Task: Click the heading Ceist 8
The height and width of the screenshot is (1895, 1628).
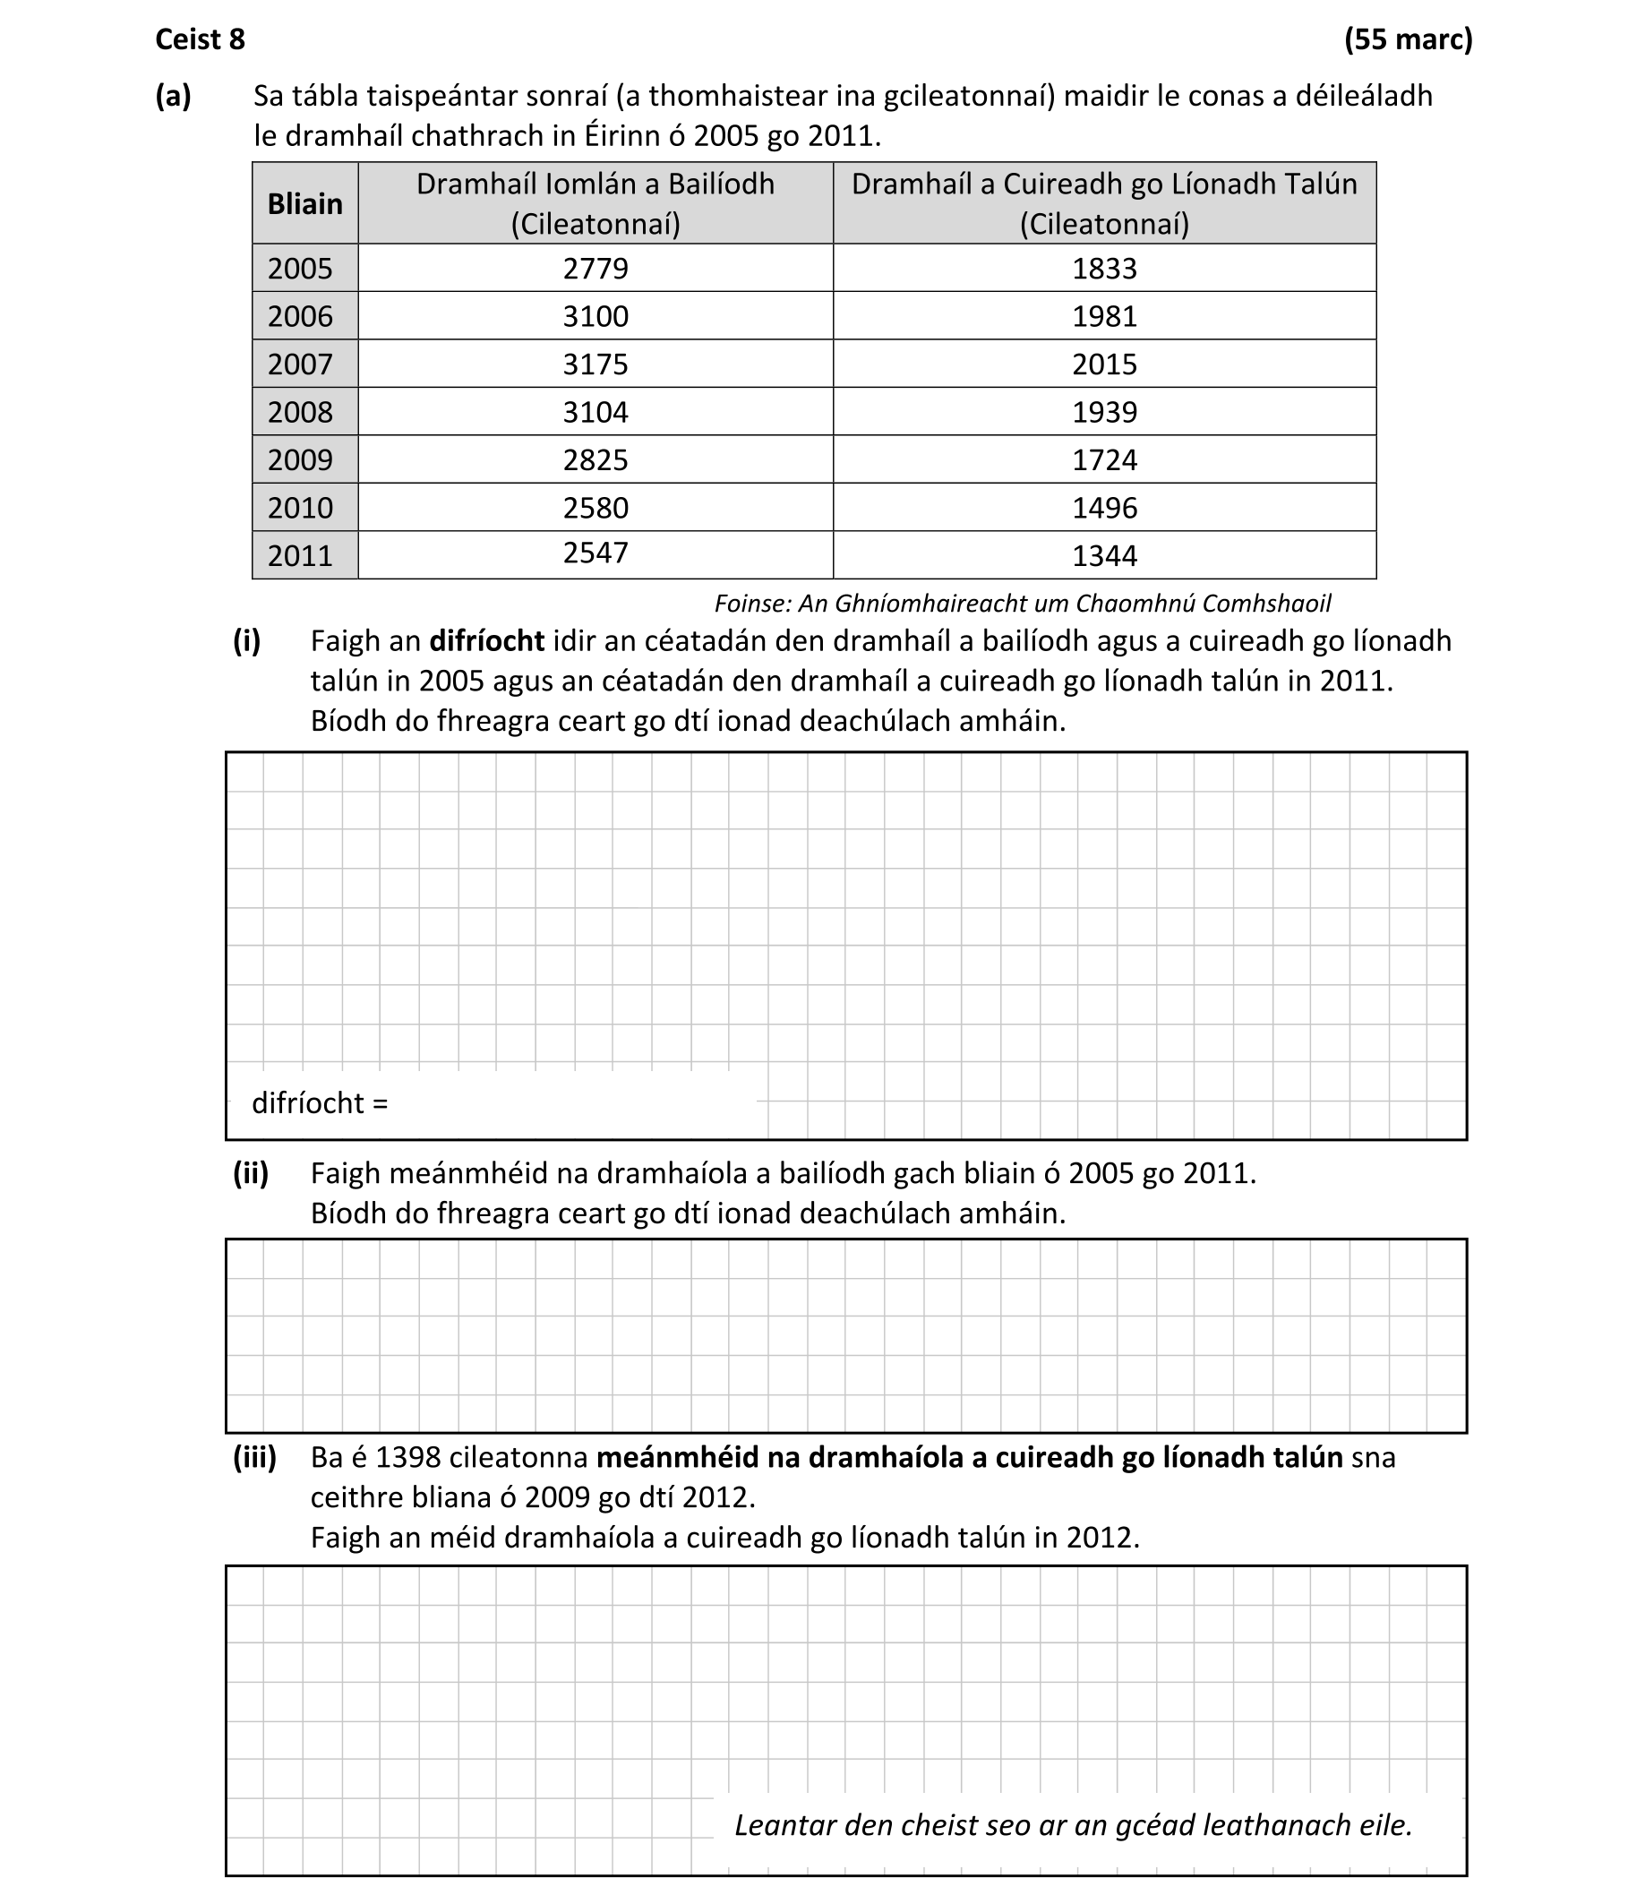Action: point(201,39)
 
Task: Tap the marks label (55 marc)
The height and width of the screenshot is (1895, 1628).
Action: point(1408,39)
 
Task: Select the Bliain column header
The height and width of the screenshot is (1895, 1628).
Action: point(304,203)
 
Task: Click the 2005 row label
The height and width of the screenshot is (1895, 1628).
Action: point(300,268)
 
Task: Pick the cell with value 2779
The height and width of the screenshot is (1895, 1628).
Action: point(596,268)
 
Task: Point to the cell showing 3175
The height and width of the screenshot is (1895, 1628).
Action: point(596,364)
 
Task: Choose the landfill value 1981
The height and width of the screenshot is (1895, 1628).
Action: point(1104,316)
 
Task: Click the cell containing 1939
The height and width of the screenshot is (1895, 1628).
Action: point(1104,412)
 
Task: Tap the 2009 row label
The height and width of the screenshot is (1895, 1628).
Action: point(300,459)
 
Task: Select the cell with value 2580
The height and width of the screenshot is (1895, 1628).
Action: point(596,508)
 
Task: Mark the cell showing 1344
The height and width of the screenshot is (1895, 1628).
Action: point(1104,555)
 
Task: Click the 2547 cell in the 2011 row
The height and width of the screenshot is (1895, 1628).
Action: point(596,553)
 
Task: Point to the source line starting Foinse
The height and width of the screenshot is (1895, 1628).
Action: point(1022,604)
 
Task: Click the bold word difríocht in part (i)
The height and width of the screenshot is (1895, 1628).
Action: point(486,641)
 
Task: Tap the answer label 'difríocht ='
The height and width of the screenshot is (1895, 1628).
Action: point(320,1103)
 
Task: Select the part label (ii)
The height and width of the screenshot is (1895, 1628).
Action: point(251,1172)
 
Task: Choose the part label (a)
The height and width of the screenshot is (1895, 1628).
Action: point(174,96)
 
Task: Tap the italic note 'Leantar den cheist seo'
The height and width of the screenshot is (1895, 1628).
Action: point(1073,1824)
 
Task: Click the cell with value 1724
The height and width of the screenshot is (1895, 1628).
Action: point(1104,459)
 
